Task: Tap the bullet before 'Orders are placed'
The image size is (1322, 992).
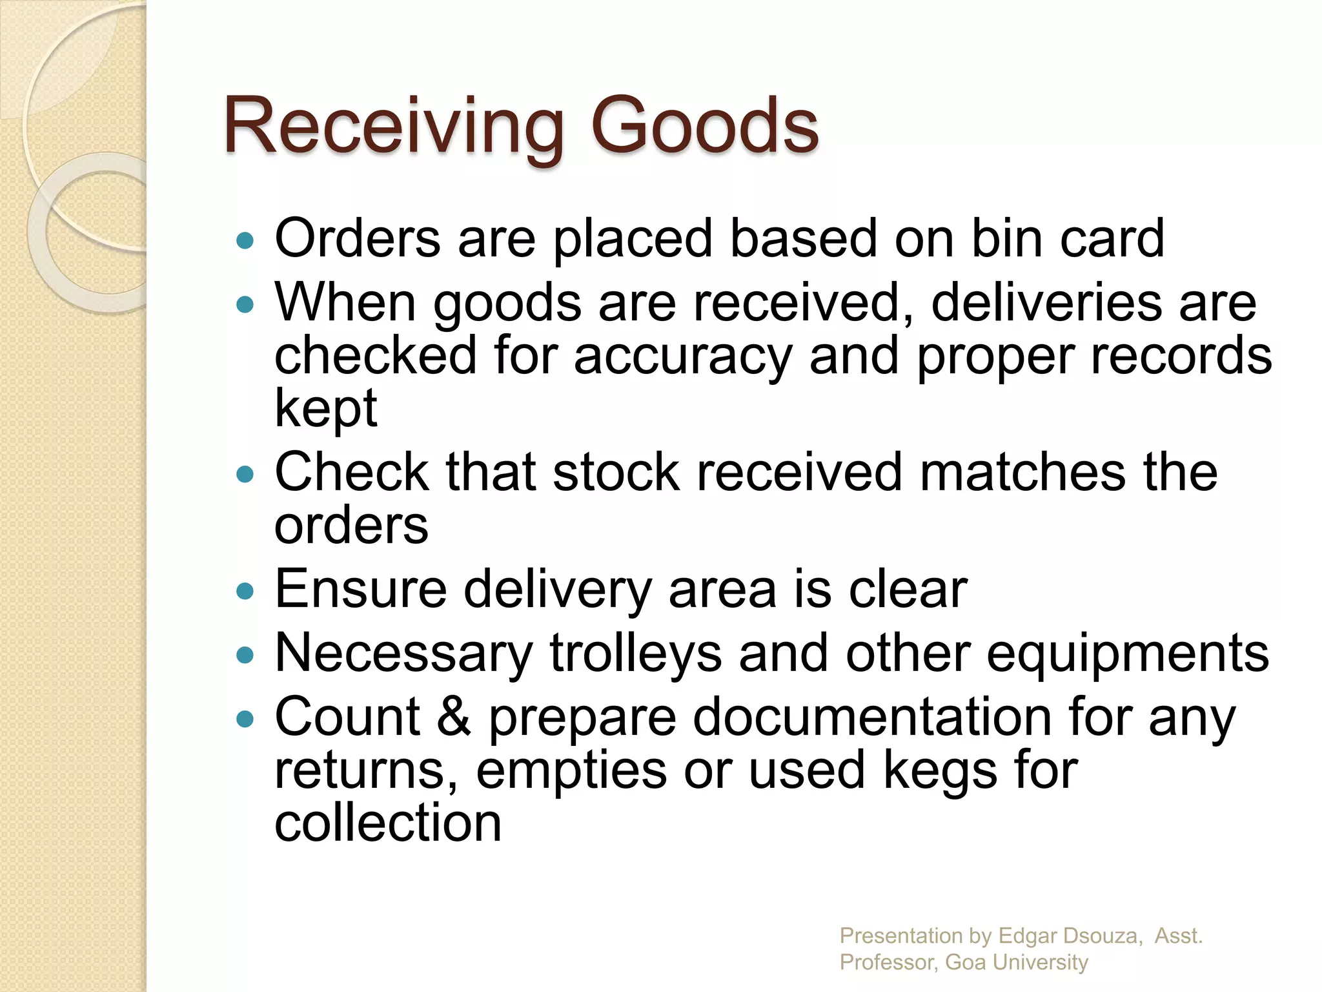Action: [x=245, y=242]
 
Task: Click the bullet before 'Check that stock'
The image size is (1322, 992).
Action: [x=245, y=475]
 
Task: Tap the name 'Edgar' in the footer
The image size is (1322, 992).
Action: [x=1027, y=935]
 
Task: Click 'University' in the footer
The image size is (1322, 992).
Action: [x=1040, y=962]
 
